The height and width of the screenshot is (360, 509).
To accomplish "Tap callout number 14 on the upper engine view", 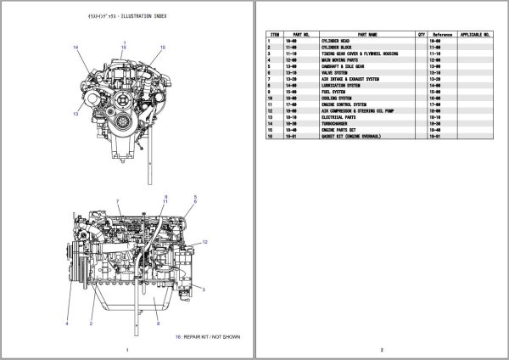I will (x=76, y=47).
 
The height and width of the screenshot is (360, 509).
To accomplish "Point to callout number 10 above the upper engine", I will (x=163, y=48).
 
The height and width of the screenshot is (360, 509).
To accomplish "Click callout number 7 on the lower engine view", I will (x=118, y=201).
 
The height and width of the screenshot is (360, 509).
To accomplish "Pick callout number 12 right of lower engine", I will (x=205, y=242).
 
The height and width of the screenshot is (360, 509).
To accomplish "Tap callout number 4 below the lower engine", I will (x=66, y=323).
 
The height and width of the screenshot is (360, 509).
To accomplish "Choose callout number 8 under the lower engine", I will (x=158, y=323).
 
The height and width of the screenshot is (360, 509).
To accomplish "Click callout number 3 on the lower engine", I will (x=205, y=290).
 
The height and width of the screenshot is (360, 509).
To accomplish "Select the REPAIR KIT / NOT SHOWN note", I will (x=208, y=337).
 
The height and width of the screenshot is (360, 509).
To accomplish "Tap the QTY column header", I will (x=422, y=35).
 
